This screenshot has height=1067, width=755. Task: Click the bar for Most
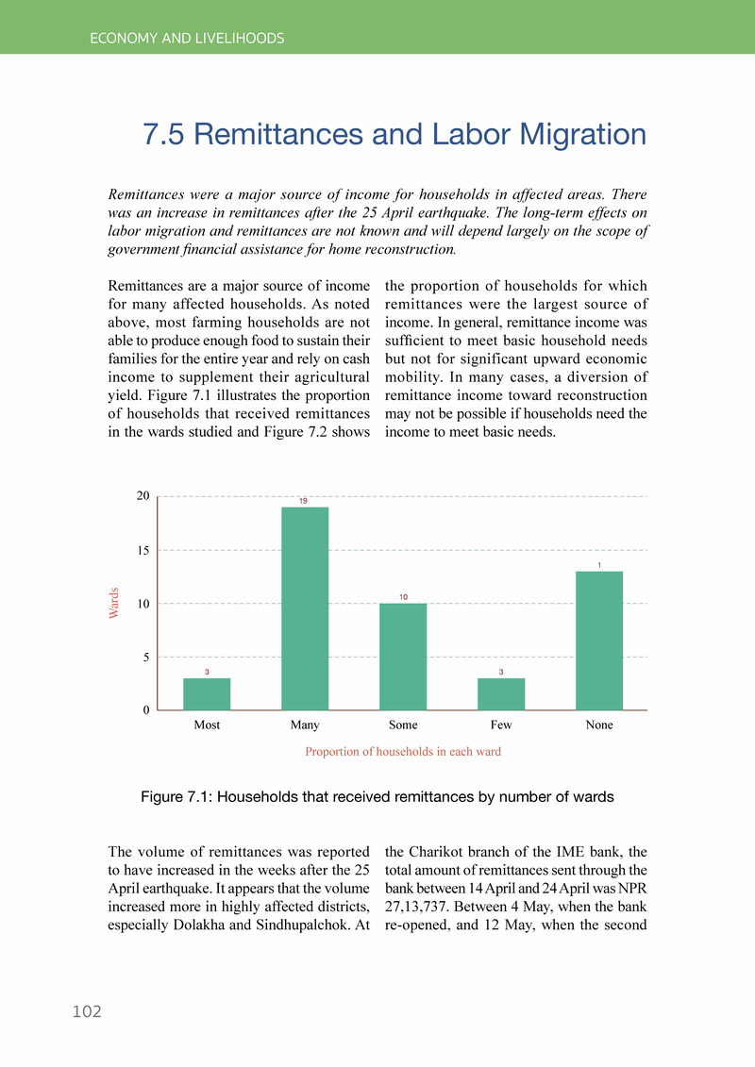(x=207, y=693)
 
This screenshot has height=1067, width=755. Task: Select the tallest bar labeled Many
(x=305, y=609)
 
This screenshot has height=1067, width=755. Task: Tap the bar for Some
(x=403, y=657)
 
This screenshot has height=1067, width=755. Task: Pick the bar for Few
(x=501, y=693)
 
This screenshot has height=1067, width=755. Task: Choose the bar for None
(x=599, y=641)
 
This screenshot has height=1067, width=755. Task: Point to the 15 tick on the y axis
(x=143, y=550)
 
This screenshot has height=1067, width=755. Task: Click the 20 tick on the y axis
(x=143, y=496)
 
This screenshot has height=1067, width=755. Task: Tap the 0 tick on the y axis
(x=147, y=710)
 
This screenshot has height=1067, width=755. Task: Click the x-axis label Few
(x=501, y=725)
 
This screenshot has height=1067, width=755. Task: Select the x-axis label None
(x=599, y=725)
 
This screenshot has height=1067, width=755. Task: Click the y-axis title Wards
(x=114, y=603)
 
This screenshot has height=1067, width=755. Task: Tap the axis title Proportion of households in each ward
(x=403, y=752)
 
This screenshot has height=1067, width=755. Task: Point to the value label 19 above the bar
(x=305, y=500)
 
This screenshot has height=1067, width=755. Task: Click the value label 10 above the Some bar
(x=403, y=597)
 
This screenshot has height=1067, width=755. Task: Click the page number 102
(x=87, y=1011)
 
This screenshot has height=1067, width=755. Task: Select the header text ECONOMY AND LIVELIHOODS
(x=187, y=39)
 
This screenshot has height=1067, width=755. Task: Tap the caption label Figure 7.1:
(x=177, y=797)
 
